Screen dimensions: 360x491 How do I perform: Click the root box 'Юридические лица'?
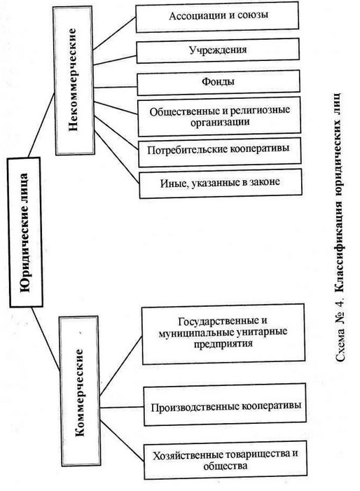tap(25, 232)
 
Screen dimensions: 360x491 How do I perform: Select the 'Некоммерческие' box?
tap(74, 81)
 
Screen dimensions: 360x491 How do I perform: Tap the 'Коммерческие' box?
tap(80, 391)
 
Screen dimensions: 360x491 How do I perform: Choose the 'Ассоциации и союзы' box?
tap(217, 17)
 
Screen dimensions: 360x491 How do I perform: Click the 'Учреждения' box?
tap(218, 50)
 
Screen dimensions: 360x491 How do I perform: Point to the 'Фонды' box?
tap(219, 83)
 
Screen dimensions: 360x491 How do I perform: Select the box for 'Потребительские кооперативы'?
tap(219, 152)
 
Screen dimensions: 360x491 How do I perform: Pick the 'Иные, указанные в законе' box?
tap(221, 184)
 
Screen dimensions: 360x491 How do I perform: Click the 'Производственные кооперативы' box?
tap(225, 405)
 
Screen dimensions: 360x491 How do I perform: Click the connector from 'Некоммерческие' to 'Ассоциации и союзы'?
tap(115, 34)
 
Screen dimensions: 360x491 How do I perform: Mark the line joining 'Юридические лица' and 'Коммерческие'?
tap(46, 339)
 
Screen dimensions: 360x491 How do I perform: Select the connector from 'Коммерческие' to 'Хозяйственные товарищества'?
tap(122, 441)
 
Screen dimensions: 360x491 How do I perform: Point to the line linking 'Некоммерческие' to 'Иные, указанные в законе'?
tap(116, 157)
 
